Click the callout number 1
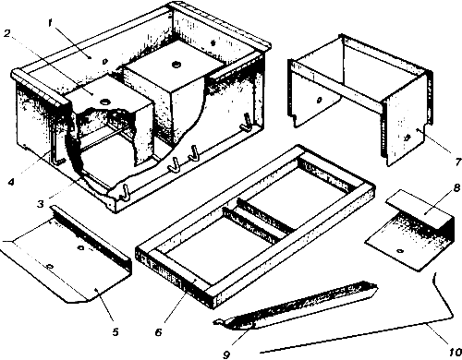(50, 24)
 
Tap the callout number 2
(7, 32)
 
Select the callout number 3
(41, 203)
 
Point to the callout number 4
(11, 182)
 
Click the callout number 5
(115, 332)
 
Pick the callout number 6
(158, 332)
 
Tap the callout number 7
(458, 162)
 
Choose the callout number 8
(456, 187)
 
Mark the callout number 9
(226, 354)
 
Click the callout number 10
(455, 352)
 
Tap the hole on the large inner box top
(176, 65)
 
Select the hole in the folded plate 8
(400, 251)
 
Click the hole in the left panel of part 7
(320, 100)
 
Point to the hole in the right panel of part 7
(407, 138)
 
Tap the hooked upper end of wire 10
(434, 276)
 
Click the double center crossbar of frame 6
(258, 221)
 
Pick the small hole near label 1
(104, 62)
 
